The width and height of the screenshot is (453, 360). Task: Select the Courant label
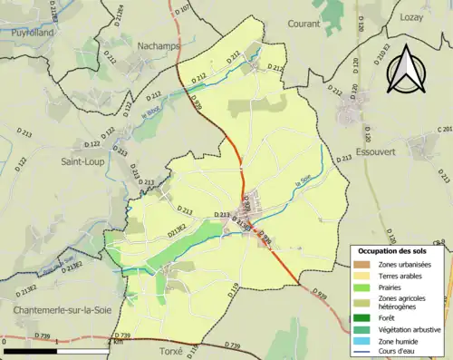[304, 24]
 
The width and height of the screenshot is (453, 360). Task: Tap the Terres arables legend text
[399, 277]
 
